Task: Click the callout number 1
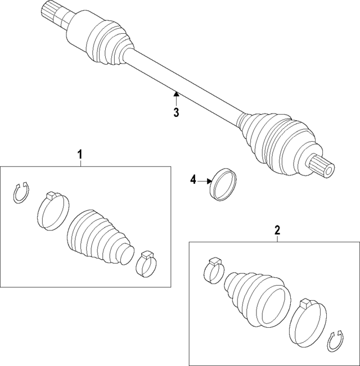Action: (x=80, y=153)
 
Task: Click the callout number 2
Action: (x=277, y=229)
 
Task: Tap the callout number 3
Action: (x=176, y=112)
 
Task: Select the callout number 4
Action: (x=193, y=180)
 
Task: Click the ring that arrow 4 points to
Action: (x=223, y=184)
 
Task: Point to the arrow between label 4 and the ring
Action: (x=204, y=180)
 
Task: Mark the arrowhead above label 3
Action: (x=176, y=94)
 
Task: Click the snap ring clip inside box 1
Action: (x=21, y=192)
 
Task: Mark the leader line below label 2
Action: (x=277, y=238)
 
